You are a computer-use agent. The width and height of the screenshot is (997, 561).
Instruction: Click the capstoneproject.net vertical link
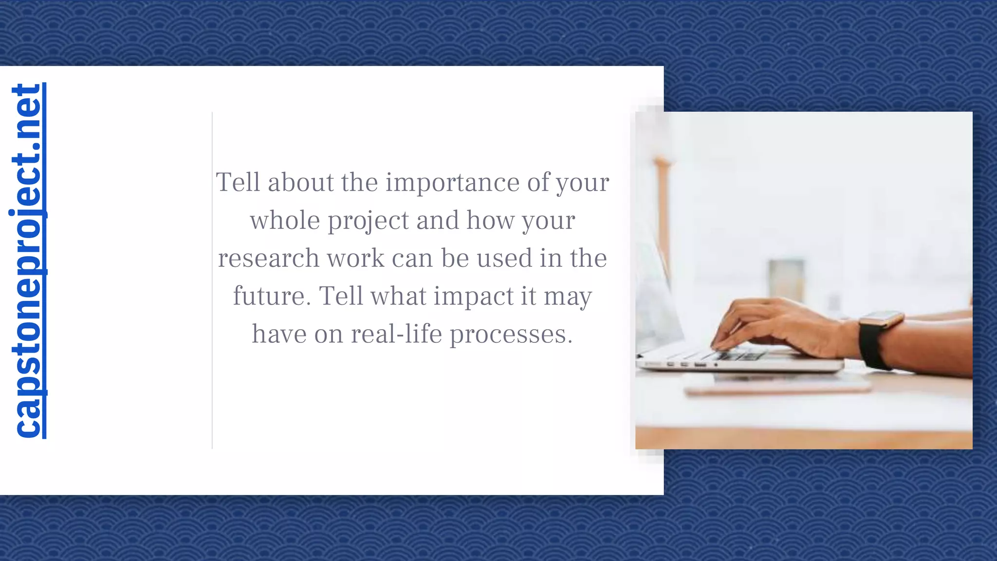point(28,261)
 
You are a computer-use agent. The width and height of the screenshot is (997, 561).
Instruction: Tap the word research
point(268,258)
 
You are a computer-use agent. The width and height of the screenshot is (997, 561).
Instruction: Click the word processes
point(511,335)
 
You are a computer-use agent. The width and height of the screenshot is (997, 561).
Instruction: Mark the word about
point(300,183)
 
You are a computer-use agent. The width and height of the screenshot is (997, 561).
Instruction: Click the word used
point(504,258)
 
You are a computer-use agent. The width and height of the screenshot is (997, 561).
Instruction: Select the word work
point(355,258)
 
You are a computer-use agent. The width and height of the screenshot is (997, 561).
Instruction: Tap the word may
point(568,297)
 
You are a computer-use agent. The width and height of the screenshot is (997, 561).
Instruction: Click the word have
point(279,334)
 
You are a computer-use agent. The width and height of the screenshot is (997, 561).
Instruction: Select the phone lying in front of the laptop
point(776,385)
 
